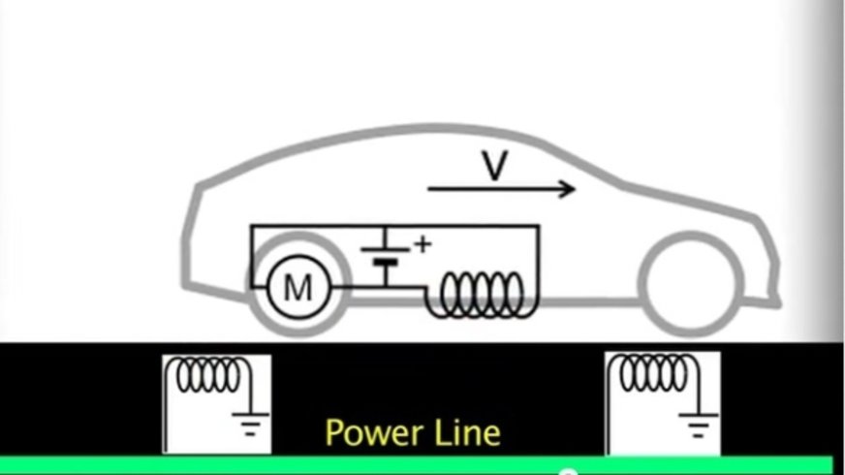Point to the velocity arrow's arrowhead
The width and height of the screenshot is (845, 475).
tap(567, 188)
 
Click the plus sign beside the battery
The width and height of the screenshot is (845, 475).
tap(422, 243)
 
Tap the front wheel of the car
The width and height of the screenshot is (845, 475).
tap(689, 288)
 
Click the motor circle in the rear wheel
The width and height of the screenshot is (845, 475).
tap(295, 288)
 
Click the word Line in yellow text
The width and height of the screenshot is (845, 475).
tap(469, 431)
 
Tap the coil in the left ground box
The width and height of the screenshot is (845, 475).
tap(206, 374)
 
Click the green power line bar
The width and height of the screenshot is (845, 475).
tap(291, 465)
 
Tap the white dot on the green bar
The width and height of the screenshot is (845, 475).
tap(569, 472)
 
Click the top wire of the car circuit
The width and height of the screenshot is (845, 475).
tap(388, 226)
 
